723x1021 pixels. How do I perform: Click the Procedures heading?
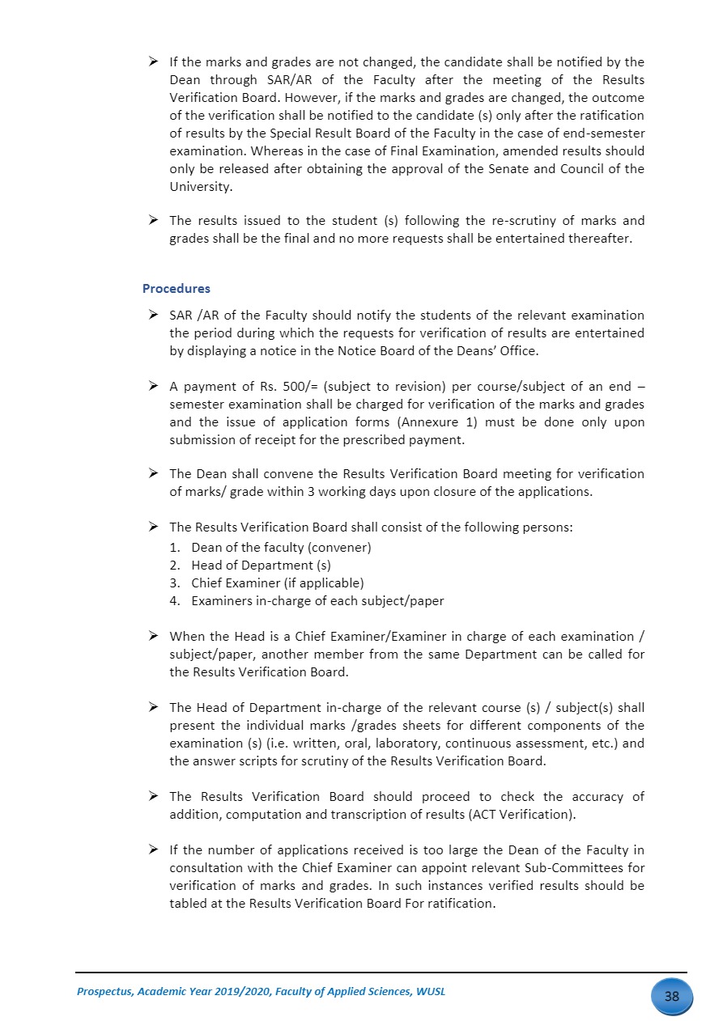176,289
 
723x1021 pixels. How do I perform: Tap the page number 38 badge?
671,996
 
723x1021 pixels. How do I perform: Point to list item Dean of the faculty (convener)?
281,548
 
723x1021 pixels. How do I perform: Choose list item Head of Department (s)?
261,566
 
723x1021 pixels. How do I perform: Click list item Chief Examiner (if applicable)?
277,583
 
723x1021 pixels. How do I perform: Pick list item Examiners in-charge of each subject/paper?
317,601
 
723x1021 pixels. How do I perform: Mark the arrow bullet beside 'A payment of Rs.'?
153,387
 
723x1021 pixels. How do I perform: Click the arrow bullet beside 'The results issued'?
153,221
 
